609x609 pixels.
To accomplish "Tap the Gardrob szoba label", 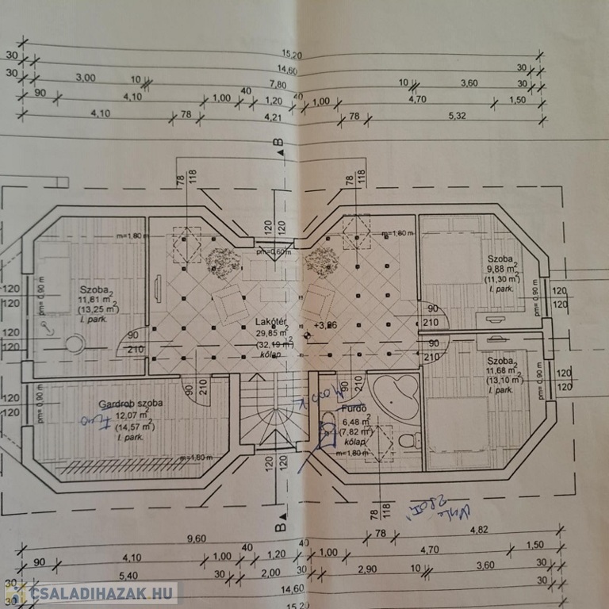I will (x=131, y=403).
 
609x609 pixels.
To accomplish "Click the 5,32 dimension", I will (x=458, y=116).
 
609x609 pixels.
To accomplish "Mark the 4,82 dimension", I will (x=477, y=530).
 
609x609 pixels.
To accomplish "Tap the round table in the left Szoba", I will (x=76, y=344).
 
